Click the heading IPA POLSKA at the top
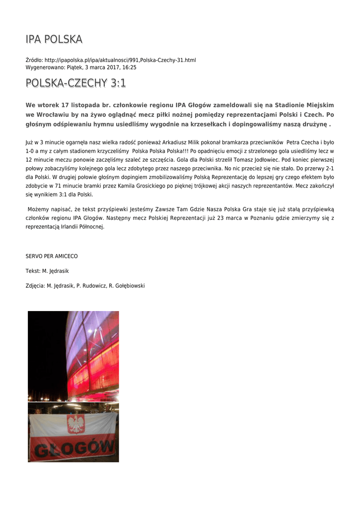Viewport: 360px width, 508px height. pos(54,39)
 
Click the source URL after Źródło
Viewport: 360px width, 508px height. pos(120,60)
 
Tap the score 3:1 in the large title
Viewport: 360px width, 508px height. pos(118,83)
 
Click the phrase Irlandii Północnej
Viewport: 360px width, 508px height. pos(82,227)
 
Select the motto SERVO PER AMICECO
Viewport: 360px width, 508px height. pos(52,256)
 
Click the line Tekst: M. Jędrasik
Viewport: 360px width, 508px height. pos(47,271)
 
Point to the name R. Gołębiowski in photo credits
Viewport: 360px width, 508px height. pos(127,286)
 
